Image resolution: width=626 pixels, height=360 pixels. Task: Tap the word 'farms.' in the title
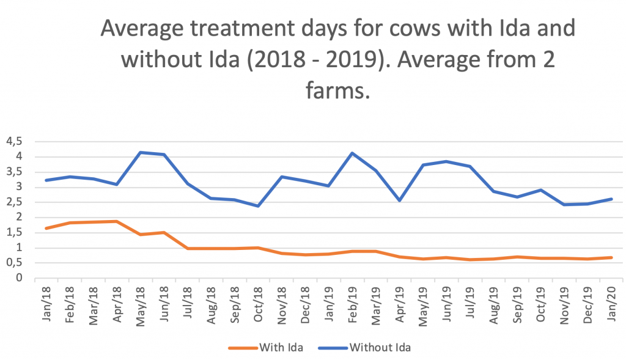coord(338,90)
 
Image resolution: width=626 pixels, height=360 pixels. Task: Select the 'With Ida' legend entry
coord(266,348)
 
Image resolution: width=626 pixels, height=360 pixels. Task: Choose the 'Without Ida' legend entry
coord(364,348)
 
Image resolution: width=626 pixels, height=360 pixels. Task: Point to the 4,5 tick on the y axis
coord(14,141)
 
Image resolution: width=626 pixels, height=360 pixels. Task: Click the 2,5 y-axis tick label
coord(14,202)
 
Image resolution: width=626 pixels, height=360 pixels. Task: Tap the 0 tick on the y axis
coord(19,277)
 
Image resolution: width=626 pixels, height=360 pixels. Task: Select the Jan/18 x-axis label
coord(46,304)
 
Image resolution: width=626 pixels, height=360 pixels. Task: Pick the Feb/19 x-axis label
coord(352,304)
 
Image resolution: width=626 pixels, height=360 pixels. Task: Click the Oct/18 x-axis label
coord(258,304)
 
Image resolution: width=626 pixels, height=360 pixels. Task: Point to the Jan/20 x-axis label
coord(611,304)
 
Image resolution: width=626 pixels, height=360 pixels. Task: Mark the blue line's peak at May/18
coord(141,152)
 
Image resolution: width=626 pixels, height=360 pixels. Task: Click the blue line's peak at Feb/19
coord(352,153)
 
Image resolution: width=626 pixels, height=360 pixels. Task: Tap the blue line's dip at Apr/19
coord(399,200)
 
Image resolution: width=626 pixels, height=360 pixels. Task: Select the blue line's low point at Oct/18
coord(259,206)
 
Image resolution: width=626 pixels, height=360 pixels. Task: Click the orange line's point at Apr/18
coord(117,221)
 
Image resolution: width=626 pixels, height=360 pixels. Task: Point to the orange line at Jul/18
coord(188,248)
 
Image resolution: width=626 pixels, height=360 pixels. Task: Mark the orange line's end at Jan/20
coord(611,257)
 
